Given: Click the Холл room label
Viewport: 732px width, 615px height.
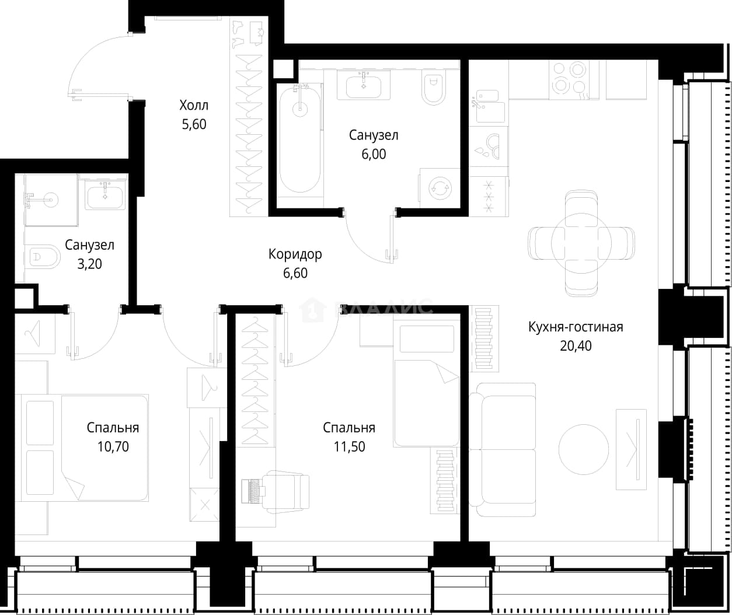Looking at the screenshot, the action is point(194,105).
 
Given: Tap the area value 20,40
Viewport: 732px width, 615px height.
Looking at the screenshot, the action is point(576,346).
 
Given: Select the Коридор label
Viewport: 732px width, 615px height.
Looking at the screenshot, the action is point(295,254).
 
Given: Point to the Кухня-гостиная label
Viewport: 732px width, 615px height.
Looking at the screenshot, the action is point(576,327).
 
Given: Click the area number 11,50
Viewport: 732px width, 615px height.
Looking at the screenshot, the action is point(349,447).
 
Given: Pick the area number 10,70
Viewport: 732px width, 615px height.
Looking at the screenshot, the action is point(113,447).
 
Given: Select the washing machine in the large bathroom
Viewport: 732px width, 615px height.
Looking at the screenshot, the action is point(440,188).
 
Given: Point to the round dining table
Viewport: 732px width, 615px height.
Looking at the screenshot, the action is point(581,243).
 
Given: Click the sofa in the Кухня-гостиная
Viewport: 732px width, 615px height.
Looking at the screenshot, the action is point(503,450).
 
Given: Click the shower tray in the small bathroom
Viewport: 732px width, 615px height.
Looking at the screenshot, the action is point(51,200).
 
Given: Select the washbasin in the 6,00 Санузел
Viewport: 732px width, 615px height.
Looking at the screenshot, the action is point(363,86).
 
